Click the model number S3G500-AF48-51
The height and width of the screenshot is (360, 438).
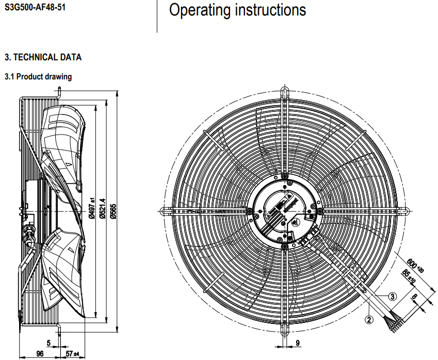pyautogui.click(x=35, y=8)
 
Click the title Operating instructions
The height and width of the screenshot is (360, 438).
pyautogui.click(x=237, y=10)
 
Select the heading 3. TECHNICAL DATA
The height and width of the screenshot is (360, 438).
pyautogui.click(x=43, y=57)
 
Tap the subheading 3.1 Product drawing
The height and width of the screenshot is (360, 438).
pyautogui.click(x=38, y=77)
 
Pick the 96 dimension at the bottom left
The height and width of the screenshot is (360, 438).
pyautogui.click(x=39, y=353)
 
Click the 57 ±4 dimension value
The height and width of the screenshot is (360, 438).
pyautogui.click(x=72, y=353)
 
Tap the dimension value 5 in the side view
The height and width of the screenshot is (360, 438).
pyautogui.click(x=48, y=342)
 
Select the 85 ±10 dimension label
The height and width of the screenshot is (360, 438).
pyautogui.click(x=410, y=276)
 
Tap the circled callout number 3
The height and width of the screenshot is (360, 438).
pyautogui.click(x=393, y=296)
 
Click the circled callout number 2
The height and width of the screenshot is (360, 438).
pyautogui.click(x=369, y=319)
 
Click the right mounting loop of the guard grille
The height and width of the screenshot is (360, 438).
pyautogui.click(x=404, y=210)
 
